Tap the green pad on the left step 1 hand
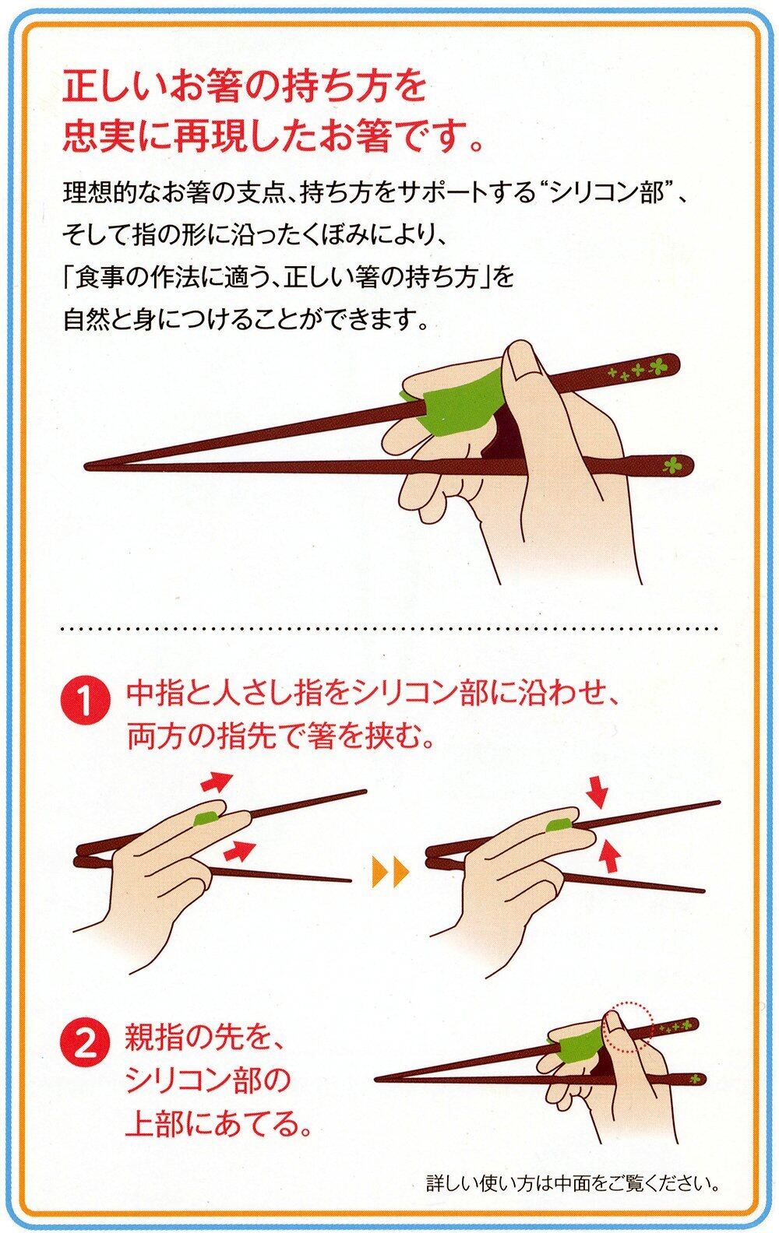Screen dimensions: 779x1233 (x=205, y=818)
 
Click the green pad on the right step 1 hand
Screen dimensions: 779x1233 (x=557, y=824)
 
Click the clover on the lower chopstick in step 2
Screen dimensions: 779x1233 (x=696, y=1078)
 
